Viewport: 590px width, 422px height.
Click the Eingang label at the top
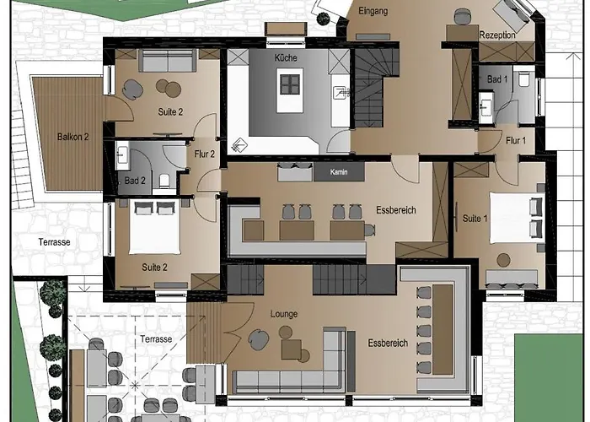[372, 11]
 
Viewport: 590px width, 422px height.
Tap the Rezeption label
[497, 35]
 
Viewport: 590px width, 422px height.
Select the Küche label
[286, 57]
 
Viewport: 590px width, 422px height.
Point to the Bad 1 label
[497, 78]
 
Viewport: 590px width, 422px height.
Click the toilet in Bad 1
[523, 81]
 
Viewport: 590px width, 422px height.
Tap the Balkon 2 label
[73, 137]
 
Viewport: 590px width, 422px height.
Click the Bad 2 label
[136, 180]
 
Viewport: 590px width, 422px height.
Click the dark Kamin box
[339, 172]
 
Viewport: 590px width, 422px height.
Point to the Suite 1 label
[474, 219]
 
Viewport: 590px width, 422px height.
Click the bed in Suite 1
[513, 217]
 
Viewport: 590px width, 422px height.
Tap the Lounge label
[284, 314]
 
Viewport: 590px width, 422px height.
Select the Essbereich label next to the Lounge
[388, 344]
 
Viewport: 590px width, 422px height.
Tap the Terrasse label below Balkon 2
[53, 241]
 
